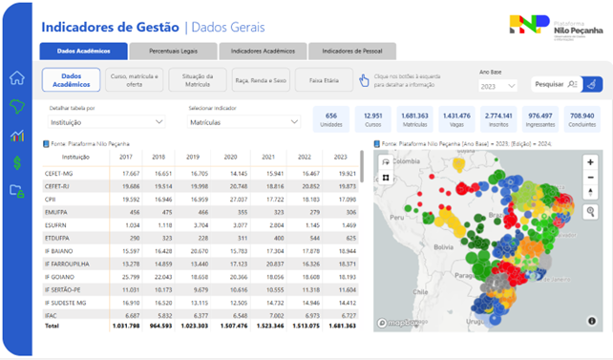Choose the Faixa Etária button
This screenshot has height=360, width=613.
(323, 80)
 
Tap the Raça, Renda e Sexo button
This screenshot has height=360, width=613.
(261, 80)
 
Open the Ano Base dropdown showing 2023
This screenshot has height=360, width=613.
(497, 85)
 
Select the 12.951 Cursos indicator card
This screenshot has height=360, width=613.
(372, 118)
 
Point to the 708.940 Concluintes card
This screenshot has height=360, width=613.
(581, 118)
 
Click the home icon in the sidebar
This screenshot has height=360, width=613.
(16, 78)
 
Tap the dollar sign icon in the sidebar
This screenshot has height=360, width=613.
(16, 163)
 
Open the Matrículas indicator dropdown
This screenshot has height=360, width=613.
(244, 122)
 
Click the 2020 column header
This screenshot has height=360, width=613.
(230, 156)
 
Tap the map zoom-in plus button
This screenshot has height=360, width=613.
(592, 163)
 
